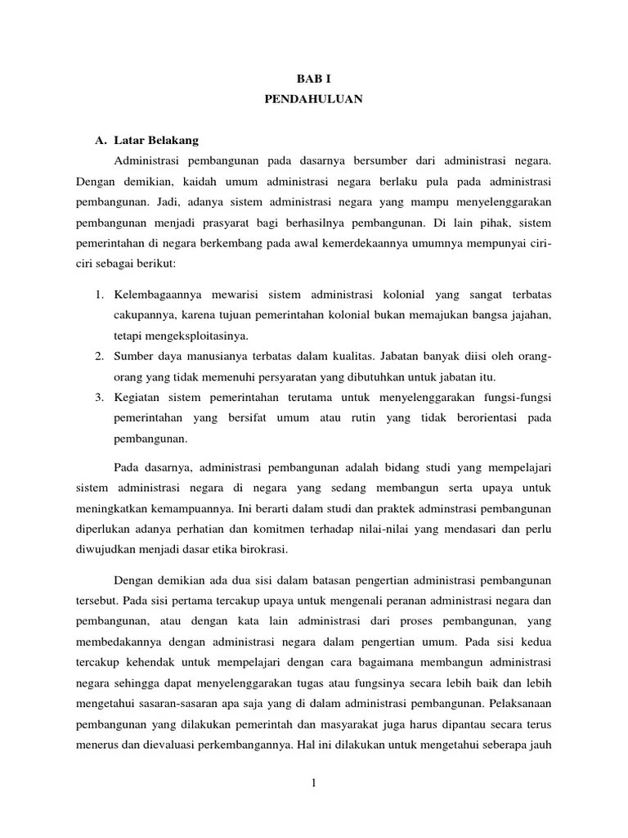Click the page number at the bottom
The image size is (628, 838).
(x=313, y=785)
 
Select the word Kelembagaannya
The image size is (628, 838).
(x=156, y=294)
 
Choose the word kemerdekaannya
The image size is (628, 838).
(x=360, y=245)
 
